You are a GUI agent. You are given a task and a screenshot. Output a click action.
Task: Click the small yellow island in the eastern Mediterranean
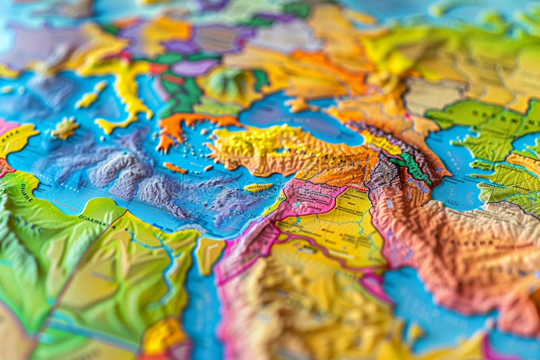coord(259,187)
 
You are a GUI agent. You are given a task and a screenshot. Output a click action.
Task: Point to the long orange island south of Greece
coord(175,168)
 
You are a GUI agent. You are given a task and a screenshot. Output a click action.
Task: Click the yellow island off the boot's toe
coord(65,128)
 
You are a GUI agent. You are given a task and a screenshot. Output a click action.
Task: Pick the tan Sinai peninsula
coord(210,253)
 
